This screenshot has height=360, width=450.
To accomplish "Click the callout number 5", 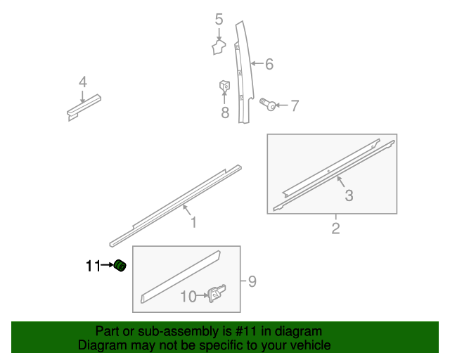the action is [219, 19].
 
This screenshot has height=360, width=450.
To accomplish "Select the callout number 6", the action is [269, 64].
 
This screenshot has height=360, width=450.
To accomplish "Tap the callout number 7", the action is [295, 105].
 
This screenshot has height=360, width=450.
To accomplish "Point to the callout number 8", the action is [225, 112].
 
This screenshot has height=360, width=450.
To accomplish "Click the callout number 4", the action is [83, 82].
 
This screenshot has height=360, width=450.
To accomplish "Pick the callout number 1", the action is [194, 222].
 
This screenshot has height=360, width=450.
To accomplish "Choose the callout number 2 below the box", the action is [336, 229].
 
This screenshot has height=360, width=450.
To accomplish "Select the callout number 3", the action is [349, 195].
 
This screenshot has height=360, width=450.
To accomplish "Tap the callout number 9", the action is [252, 281].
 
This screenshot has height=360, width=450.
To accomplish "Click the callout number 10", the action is [188, 296].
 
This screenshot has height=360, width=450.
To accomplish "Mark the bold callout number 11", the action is [94, 266].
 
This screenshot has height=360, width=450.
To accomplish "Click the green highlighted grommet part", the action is [120, 266].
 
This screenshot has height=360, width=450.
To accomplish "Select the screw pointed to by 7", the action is [267, 104].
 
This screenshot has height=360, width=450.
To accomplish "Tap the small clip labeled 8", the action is [225, 85].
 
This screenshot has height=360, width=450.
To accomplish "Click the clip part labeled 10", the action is [217, 292].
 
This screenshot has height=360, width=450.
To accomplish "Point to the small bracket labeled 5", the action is [219, 47].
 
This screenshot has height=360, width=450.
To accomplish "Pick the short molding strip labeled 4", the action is [84, 108].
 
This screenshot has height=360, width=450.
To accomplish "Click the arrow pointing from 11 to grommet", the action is [108, 265].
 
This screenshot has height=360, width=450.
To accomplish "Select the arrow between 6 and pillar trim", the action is [257, 63].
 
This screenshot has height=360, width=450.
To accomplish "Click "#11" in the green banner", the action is [245, 331].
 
